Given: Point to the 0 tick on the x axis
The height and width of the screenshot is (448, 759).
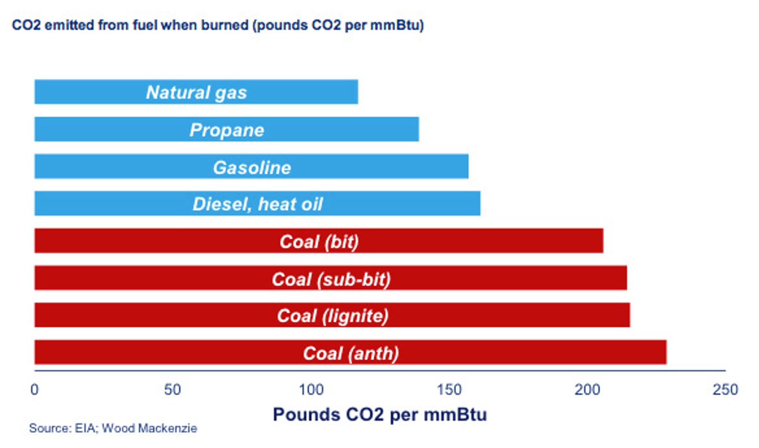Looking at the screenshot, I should point(35,389).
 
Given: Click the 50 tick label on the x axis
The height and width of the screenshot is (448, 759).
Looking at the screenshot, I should point(172,389).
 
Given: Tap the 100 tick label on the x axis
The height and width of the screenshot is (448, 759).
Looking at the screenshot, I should point(311,389).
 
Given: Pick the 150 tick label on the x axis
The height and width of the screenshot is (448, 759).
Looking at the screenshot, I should point(449,389).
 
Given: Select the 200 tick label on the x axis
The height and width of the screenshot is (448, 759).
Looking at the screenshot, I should point(587,389).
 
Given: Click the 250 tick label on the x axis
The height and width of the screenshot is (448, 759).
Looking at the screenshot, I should point(725,389).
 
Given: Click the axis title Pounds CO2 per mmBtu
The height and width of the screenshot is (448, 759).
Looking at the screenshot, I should point(379,415).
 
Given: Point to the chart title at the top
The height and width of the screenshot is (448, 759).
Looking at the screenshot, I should point(218,25).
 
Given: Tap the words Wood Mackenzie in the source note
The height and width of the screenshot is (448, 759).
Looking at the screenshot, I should point(150,429).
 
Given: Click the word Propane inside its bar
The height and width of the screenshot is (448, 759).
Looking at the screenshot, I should point(227,130).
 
